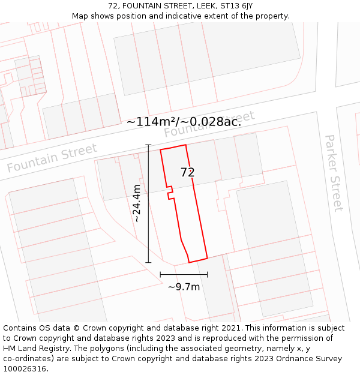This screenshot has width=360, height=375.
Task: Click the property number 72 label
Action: [188, 172]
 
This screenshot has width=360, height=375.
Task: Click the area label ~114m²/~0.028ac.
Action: [184, 121]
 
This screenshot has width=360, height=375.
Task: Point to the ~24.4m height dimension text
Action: [137, 203]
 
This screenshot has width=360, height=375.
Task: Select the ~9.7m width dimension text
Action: [184, 287]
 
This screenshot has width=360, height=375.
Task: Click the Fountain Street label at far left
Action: [52, 158]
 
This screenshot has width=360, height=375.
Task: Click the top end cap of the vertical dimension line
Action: [148, 145]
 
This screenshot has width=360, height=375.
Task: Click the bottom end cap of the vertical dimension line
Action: [148, 262]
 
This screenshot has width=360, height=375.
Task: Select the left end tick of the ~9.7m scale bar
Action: [160, 274]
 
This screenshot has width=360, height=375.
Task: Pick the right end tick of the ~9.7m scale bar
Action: [207, 274]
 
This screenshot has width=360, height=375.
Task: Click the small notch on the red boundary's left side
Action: [170, 193]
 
